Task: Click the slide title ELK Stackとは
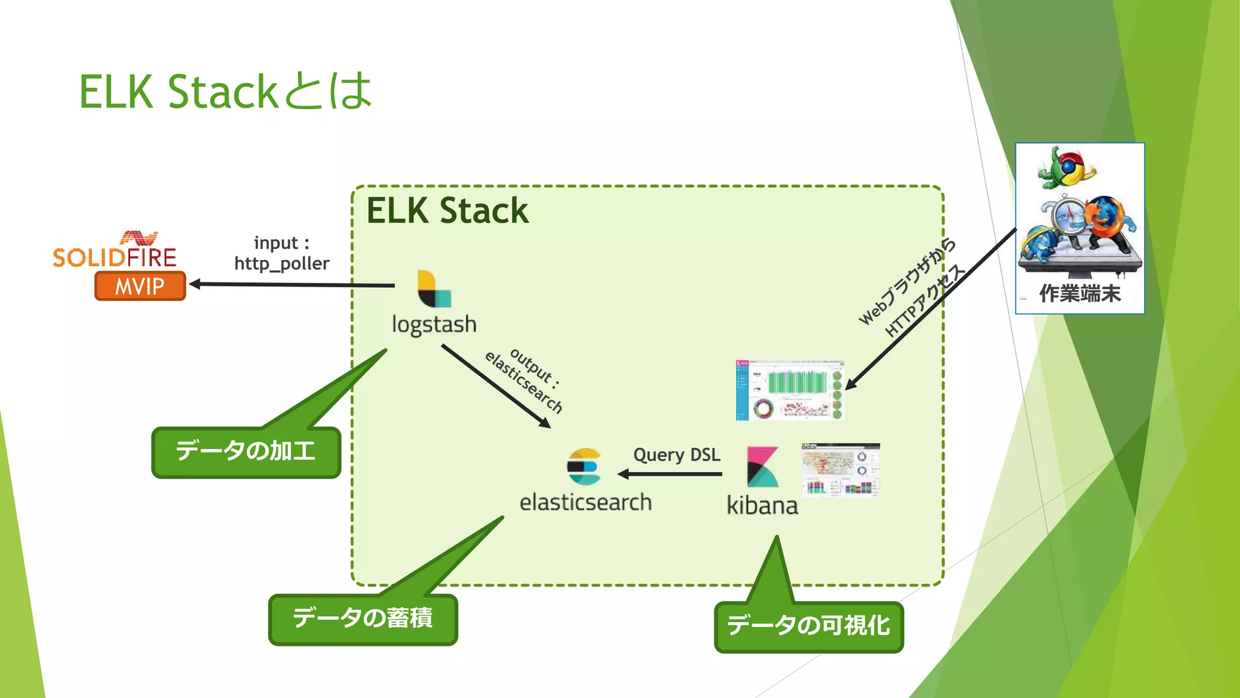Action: pos(225,91)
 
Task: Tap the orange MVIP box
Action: pos(140,286)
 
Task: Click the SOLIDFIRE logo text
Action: pos(114,257)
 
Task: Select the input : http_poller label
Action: pos(282,253)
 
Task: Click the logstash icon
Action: pos(434,289)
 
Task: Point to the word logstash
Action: pos(434,324)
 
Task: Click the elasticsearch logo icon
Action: pos(584,466)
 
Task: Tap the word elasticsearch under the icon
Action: pos(585,502)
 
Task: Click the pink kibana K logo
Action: pos(762,467)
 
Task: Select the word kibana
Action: pos(762,505)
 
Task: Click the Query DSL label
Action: pos(676,454)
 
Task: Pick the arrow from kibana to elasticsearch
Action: pos(670,474)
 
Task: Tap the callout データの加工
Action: pos(246,452)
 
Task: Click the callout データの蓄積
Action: pos(363,619)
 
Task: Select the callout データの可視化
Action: pos(808,626)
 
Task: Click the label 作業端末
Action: pos(1080,294)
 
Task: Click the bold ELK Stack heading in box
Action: pos(447,211)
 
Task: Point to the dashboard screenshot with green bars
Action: pos(790,390)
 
